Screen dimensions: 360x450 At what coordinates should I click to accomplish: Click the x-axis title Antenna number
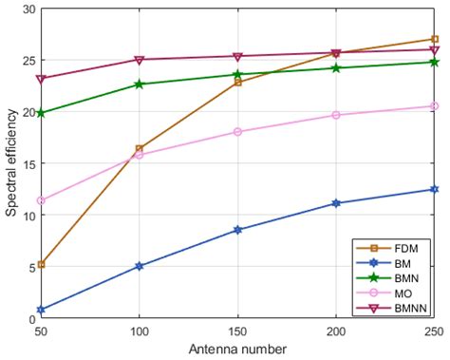pos(238,350)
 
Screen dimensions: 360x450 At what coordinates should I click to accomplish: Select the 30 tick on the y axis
pos(28,9)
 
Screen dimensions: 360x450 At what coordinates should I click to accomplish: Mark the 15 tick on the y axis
pos(28,163)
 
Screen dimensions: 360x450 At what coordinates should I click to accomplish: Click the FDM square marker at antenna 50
pos(42,264)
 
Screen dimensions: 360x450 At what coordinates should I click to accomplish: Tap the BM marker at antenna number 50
pos(42,310)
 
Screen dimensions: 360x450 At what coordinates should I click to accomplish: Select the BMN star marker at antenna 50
pos(42,113)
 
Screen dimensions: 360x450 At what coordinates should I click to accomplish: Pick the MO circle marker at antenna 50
pos(42,200)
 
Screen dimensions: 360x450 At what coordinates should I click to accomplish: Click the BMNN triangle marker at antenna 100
pos(140,60)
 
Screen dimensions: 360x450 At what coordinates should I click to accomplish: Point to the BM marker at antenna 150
pos(237,230)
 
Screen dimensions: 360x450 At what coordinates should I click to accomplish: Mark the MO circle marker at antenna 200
pos(336,115)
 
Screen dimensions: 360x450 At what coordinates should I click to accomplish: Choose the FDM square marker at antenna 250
pos(434,39)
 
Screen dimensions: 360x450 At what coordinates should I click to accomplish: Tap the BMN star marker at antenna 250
pos(434,62)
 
